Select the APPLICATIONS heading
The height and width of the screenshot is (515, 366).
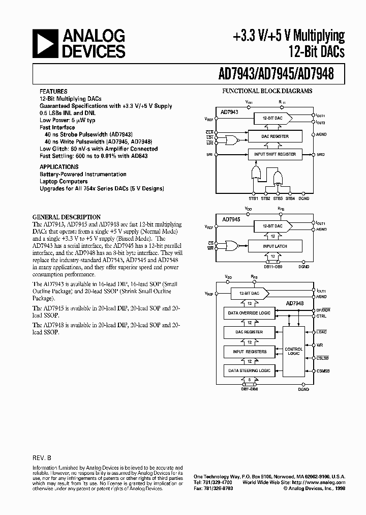pos(59,166)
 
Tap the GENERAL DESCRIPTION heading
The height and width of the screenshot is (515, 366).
pos(67,216)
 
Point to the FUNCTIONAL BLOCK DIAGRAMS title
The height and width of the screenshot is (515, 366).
pos(267,91)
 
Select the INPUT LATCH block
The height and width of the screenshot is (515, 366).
pos(274,246)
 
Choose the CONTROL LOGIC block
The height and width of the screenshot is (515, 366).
pos(294,352)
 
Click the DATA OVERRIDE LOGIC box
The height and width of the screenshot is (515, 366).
pos(250,312)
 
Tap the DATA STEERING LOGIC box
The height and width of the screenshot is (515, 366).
pos(250,370)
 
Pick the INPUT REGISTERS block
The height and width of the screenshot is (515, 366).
pos(250,351)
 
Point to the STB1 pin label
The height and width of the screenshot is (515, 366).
pos(253,198)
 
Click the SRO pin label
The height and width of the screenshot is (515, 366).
pos(320,154)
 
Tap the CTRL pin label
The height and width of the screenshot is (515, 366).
pos(321,316)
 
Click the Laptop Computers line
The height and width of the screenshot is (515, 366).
pos(64,181)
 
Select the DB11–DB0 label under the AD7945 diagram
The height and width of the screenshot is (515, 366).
pos(273,266)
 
